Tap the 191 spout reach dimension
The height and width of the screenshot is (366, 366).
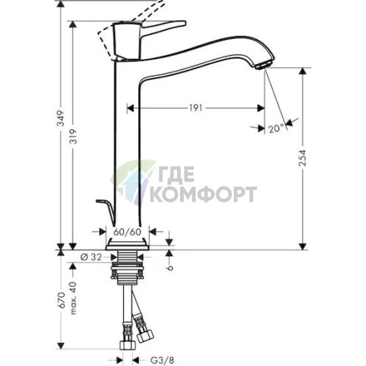(194, 108)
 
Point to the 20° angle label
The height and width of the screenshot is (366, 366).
(276, 128)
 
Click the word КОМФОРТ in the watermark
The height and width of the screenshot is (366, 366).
(204, 195)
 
